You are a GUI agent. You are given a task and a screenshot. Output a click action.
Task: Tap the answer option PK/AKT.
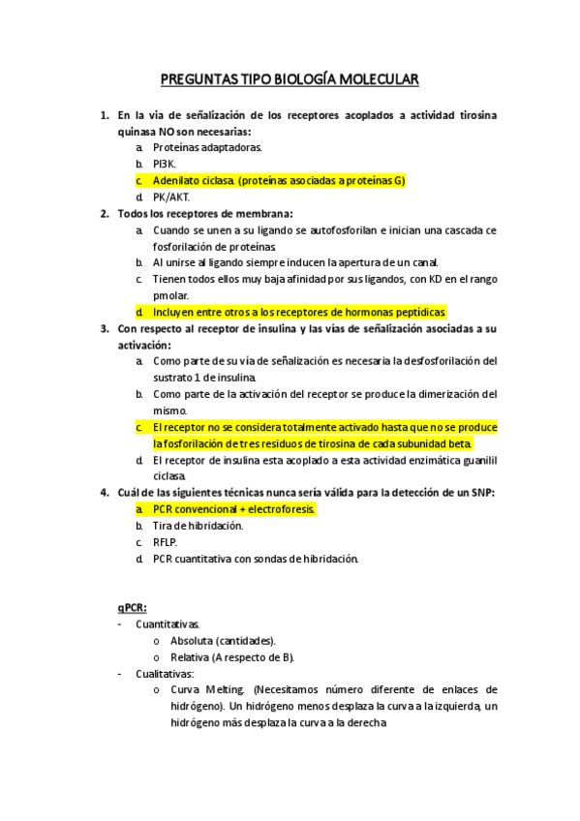click(x=171, y=198)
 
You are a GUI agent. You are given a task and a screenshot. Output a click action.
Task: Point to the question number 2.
click(x=105, y=213)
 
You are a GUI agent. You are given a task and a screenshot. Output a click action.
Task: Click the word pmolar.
click(x=170, y=295)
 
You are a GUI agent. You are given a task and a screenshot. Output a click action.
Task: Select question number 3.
click(x=105, y=328)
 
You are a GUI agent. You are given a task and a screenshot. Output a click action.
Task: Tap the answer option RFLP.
click(x=165, y=541)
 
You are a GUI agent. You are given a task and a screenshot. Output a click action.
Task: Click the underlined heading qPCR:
click(x=133, y=607)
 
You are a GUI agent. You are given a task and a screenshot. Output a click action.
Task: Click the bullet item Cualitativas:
click(x=165, y=674)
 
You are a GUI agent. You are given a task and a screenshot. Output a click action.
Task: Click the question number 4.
click(x=105, y=492)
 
